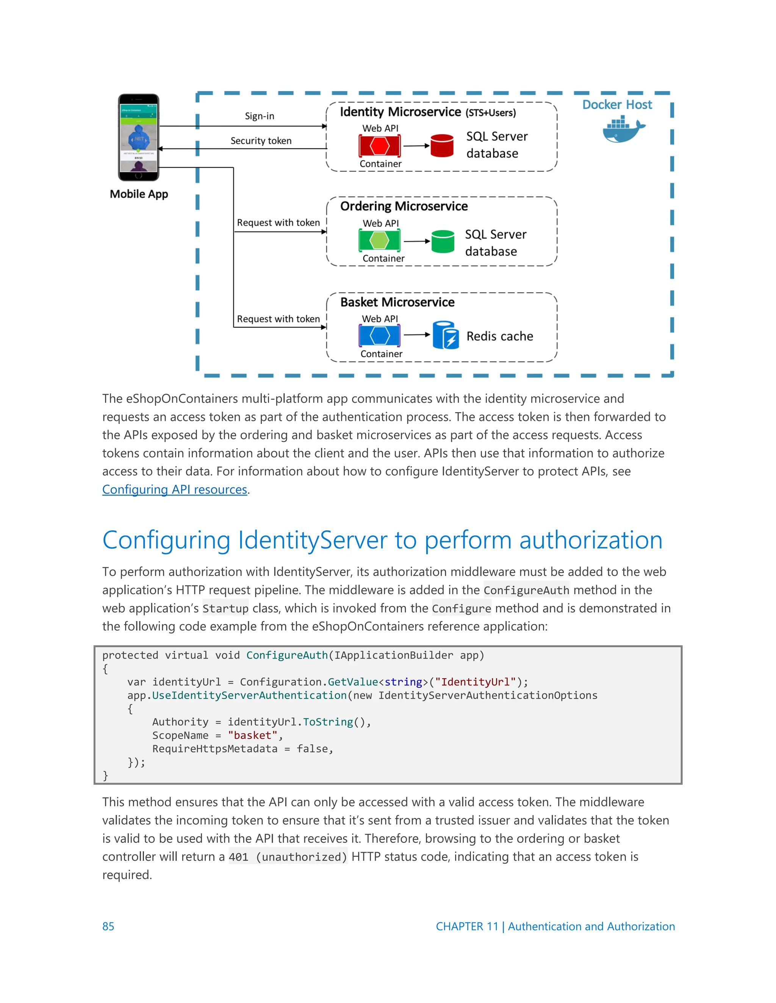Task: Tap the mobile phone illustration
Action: (x=138, y=137)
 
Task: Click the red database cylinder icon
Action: (x=442, y=146)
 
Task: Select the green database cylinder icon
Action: (x=443, y=241)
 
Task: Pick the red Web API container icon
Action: (x=380, y=146)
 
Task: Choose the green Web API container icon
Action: (x=380, y=241)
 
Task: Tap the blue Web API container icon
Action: (x=380, y=336)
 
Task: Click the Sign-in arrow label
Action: (x=259, y=116)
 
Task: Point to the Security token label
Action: (x=261, y=141)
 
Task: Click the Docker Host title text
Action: (x=616, y=105)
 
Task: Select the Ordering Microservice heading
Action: (x=404, y=206)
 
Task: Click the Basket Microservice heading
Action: (x=397, y=302)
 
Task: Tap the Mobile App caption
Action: (x=139, y=194)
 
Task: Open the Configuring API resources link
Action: (x=175, y=489)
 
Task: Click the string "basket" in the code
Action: (x=252, y=735)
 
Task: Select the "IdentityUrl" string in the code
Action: (x=476, y=682)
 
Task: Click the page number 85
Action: (x=108, y=926)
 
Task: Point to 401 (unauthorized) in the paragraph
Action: (x=288, y=857)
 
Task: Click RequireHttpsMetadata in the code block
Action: (x=215, y=749)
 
